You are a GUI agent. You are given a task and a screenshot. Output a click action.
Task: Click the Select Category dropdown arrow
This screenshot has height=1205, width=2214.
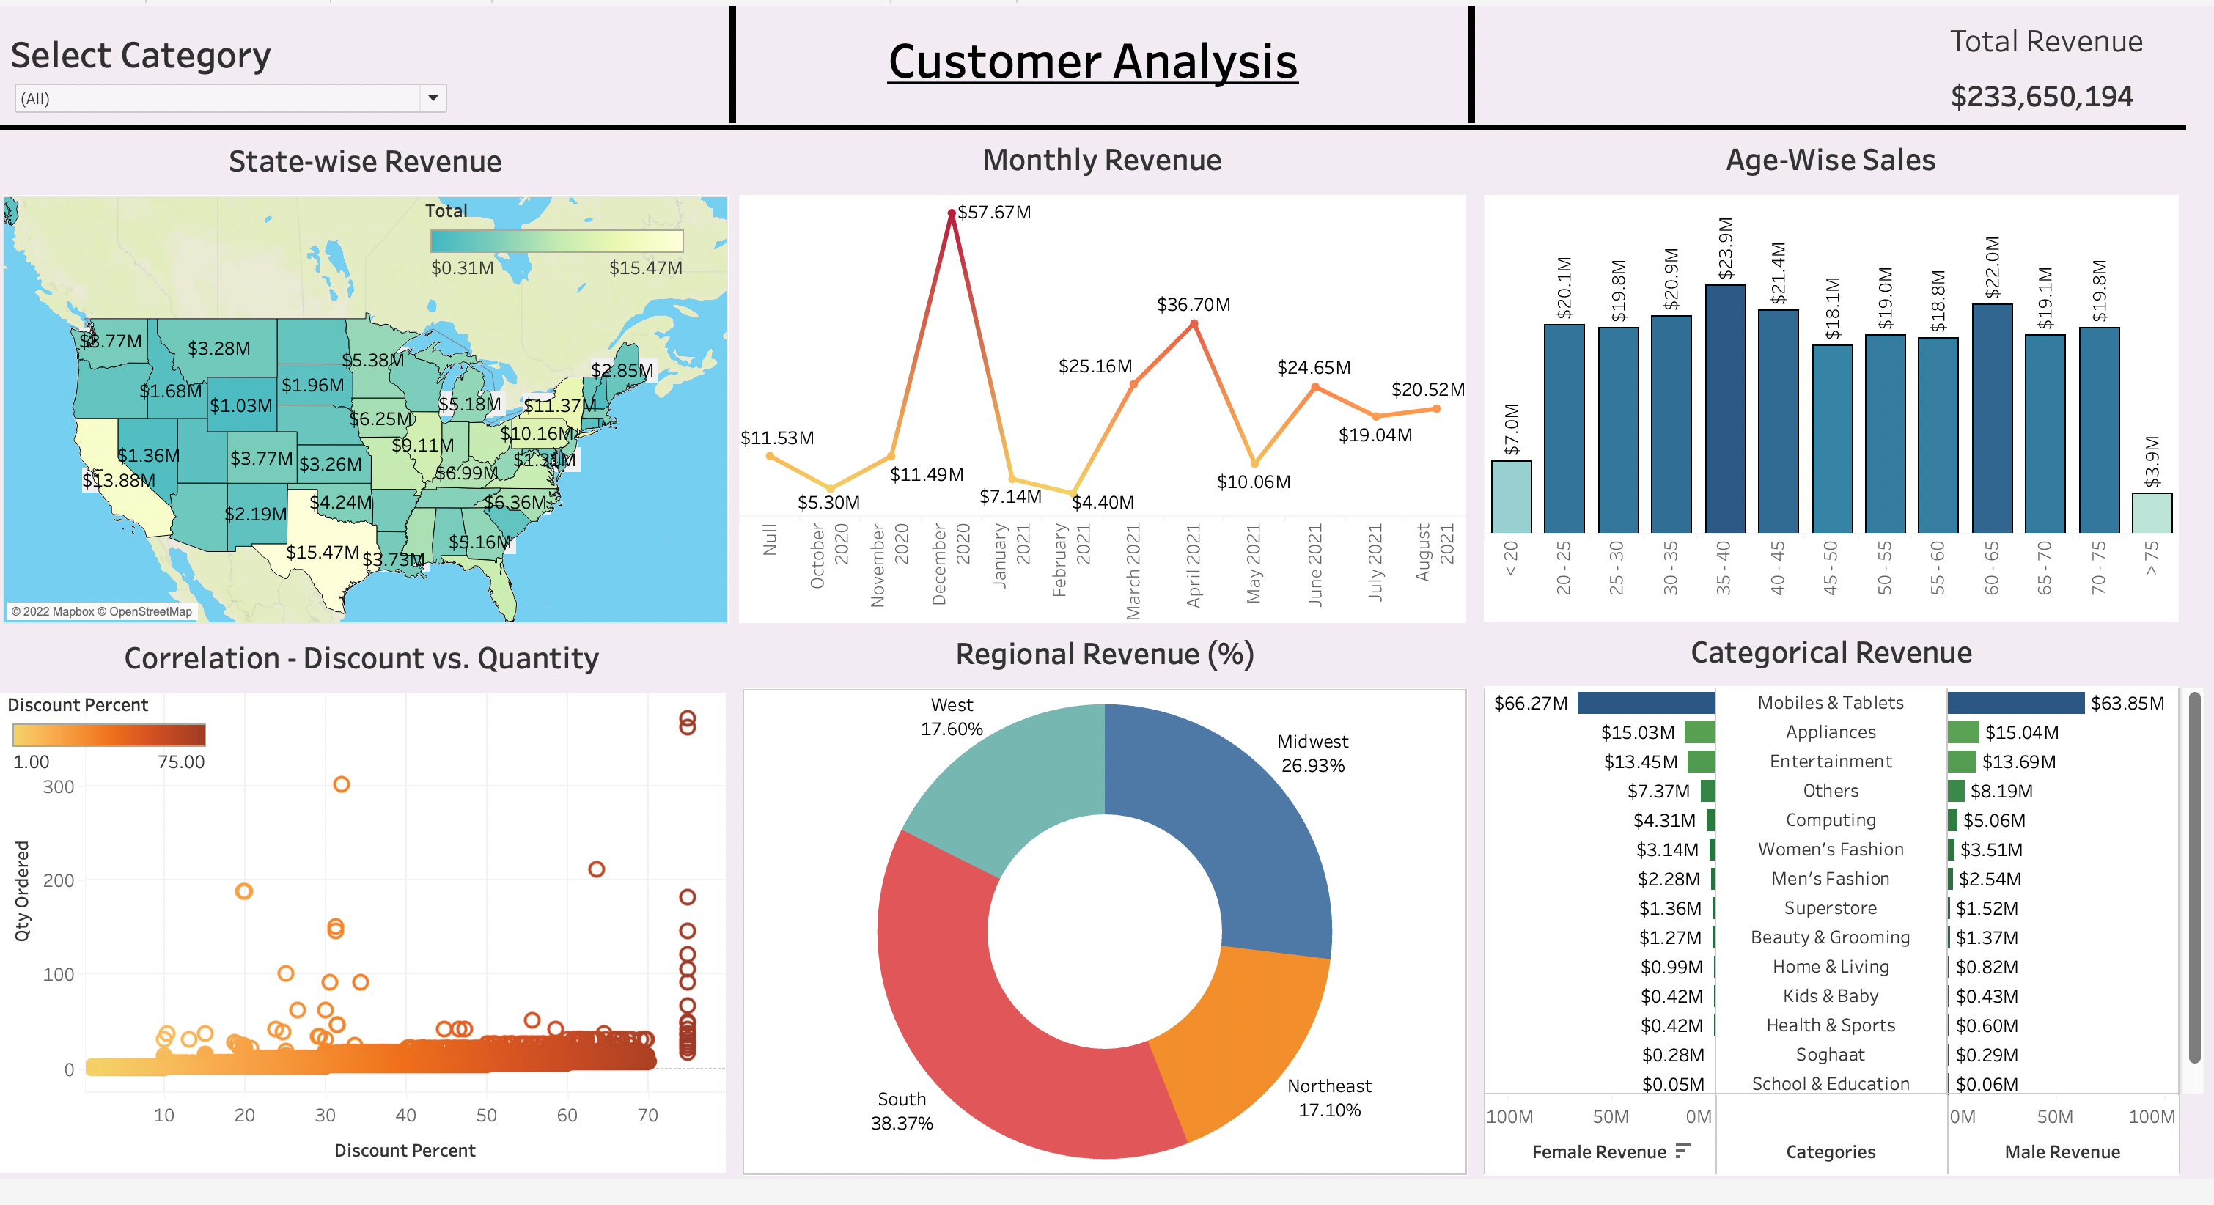(x=433, y=98)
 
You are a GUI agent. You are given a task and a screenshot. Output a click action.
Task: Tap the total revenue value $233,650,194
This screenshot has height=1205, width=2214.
(x=2041, y=96)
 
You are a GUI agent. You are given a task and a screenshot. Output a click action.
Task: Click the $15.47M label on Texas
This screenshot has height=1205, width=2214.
(x=323, y=552)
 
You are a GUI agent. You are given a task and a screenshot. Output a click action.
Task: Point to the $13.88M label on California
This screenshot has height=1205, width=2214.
(x=119, y=479)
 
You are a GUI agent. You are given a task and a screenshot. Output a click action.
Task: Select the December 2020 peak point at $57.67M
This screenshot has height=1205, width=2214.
(x=952, y=213)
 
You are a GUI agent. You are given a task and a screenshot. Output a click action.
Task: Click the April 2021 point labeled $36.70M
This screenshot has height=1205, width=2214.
(x=1194, y=324)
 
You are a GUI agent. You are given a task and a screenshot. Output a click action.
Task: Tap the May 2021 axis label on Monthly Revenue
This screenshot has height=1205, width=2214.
(x=1253, y=564)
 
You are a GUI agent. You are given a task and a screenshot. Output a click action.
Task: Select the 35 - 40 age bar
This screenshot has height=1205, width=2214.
(x=1724, y=408)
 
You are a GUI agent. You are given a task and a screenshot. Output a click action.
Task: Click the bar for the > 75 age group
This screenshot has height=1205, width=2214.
(x=2151, y=513)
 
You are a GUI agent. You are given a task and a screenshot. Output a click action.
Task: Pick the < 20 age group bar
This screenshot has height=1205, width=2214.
(x=1511, y=497)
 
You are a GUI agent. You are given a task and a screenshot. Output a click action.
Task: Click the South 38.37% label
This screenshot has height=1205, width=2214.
(x=901, y=1110)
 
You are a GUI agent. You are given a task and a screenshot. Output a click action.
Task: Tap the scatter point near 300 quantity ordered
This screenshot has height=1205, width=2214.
(x=341, y=784)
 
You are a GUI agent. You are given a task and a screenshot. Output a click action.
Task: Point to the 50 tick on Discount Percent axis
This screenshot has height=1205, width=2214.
(x=487, y=1115)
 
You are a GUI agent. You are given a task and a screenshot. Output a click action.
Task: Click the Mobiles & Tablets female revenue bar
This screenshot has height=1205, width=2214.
(x=1645, y=703)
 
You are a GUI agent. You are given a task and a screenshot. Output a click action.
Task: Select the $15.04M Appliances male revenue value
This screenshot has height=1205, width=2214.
(x=2021, y=732)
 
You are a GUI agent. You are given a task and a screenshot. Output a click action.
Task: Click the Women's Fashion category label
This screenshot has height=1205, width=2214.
(x=1830, y=850)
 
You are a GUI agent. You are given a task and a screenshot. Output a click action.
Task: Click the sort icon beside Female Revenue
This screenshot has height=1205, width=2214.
(x=1682, y=1150)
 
